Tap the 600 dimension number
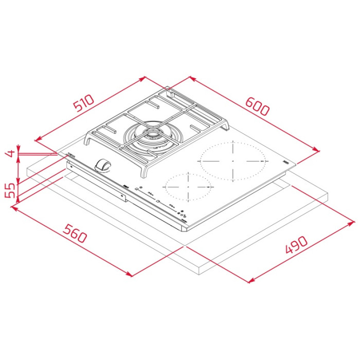click(x=257, y=106)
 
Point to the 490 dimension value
click(x=296, y=246)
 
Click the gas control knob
click(x=102, y=164)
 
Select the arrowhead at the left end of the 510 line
click(x=37, y=139)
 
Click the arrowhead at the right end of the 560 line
click(x=129, y=275)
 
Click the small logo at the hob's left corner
click(x=69, y=155)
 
